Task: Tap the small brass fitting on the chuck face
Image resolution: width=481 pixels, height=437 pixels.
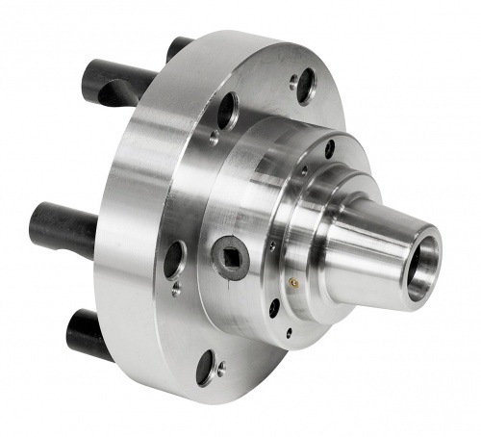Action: [x=292, y=283]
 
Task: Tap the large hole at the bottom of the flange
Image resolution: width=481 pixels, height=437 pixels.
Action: [x=205, y=368]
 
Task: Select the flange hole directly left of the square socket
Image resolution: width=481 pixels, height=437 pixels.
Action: [x=174, y=258]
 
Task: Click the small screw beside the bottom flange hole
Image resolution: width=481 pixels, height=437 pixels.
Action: [x=223, y=367]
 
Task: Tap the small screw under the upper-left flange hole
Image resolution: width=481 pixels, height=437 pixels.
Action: [x=214, y=138]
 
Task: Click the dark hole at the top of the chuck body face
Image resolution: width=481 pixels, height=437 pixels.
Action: [x=329, y=148]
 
